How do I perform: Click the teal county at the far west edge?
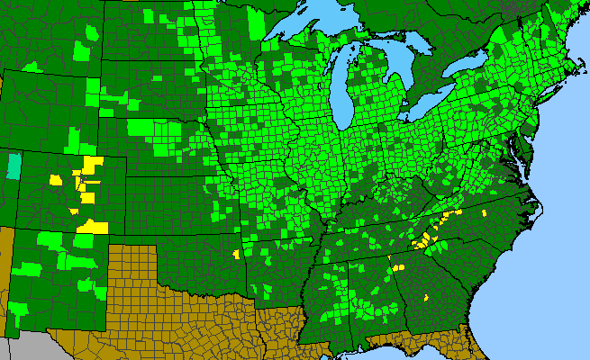point(13,166)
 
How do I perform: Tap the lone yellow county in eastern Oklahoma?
point(236,255)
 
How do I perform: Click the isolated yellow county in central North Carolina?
point(485,213)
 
